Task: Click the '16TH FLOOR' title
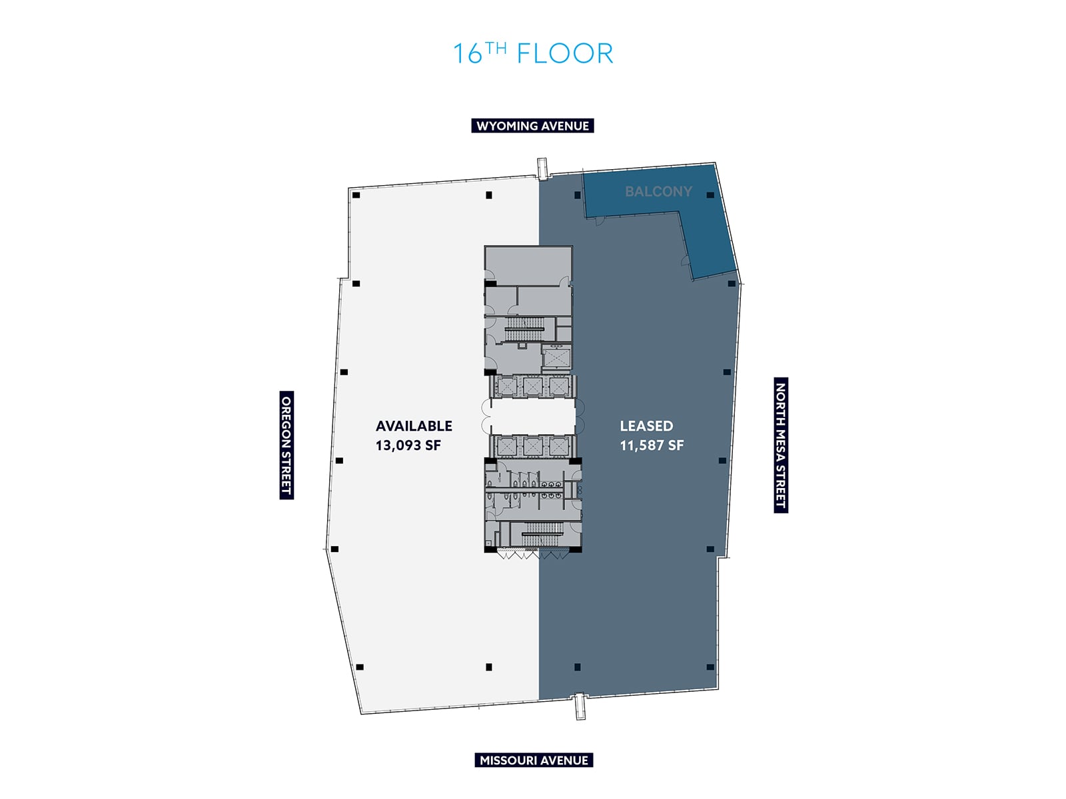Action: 533,53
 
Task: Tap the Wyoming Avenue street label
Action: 532,126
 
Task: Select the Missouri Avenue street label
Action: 534,760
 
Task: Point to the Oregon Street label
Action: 286,445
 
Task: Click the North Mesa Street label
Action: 781,445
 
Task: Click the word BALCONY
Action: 658,192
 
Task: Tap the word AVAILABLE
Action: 414,426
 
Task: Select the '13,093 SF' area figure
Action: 408,445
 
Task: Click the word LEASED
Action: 646,426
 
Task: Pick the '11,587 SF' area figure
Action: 652,445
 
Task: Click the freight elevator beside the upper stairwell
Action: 556,357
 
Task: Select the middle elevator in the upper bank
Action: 533,386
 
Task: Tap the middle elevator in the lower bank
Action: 533,445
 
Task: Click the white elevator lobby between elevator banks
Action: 533,416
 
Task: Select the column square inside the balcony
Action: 710,195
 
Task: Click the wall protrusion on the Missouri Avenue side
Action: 580,706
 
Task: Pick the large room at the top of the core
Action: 528,264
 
